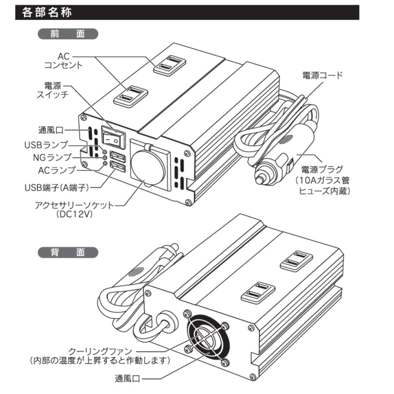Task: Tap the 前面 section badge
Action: click(68, 34)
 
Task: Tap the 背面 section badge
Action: click(68, 253)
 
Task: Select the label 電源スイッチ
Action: click(56, 90)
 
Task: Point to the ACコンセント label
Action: click(63, 61)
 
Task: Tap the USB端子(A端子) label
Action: click(57, 188)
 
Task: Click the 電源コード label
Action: click(323, 75)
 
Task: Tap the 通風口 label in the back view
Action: click(127, 379)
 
